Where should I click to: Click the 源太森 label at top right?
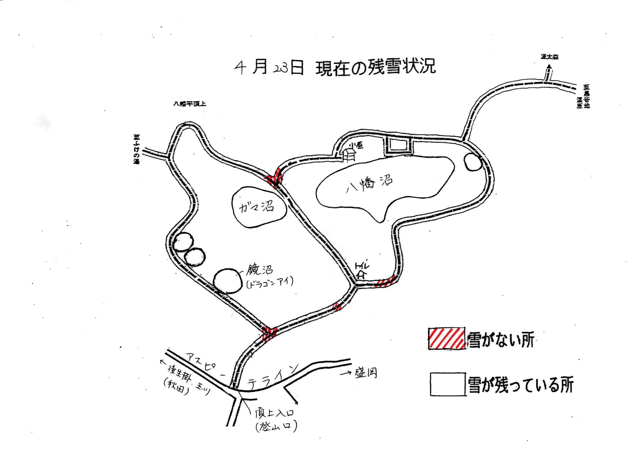(x=549, y=58)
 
